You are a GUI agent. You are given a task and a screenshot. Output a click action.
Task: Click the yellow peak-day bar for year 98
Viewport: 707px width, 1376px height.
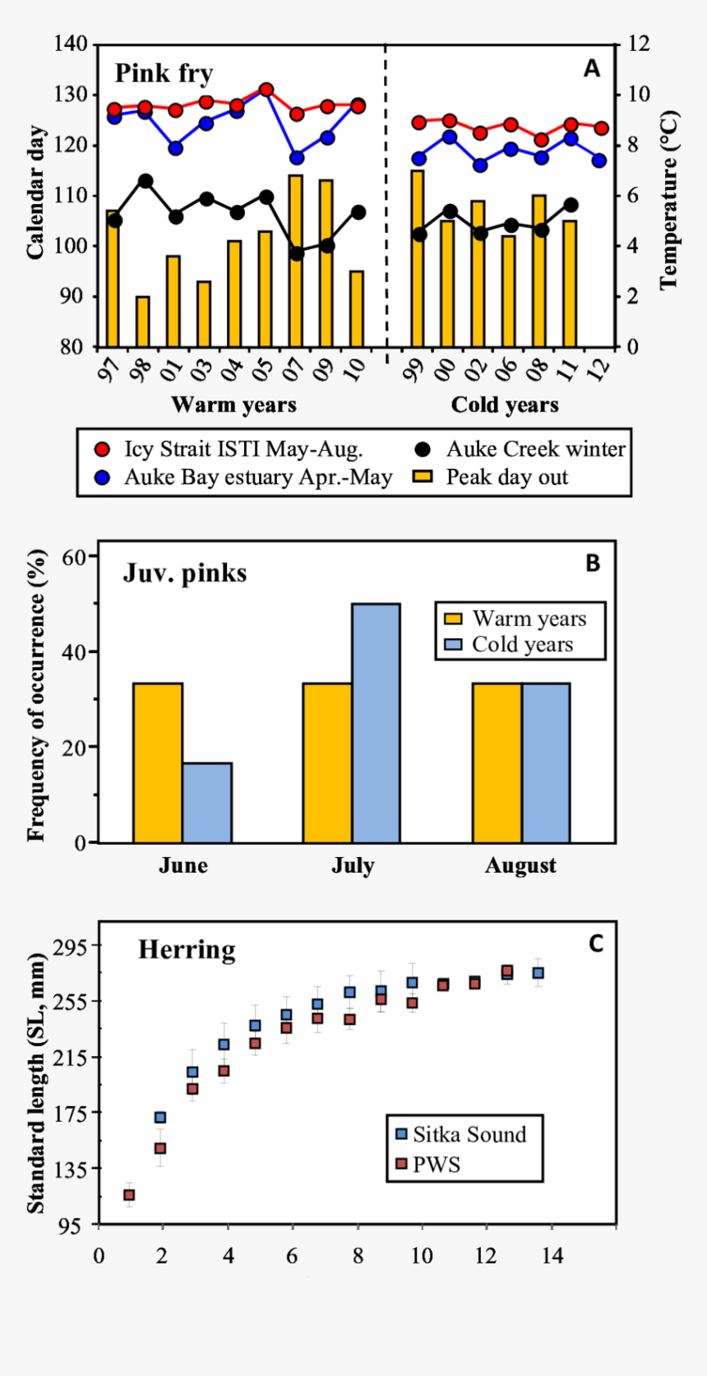(x=143, y=322)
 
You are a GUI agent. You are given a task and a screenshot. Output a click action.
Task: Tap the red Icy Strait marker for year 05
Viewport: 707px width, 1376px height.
(x=266, y=90)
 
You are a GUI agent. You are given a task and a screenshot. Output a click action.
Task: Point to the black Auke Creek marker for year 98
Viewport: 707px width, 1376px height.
(x=145, y=181)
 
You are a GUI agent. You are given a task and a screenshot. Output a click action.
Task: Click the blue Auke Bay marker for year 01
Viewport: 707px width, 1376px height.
(x=175, y=149)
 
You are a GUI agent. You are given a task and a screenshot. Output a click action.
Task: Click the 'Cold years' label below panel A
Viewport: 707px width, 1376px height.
(x=505, y=405)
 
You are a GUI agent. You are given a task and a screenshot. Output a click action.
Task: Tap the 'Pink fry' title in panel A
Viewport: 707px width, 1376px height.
(x=164, y=73)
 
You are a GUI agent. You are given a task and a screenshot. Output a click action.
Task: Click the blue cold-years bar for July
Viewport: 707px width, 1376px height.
(x=376, y=723)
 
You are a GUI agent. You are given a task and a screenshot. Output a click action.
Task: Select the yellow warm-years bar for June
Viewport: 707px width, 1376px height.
(x=158, y=762)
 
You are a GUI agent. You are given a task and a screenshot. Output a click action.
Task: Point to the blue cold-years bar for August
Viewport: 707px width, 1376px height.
(x=545, y=762)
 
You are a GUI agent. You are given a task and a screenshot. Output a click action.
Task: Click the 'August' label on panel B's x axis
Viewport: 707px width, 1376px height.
(x=520, y=865)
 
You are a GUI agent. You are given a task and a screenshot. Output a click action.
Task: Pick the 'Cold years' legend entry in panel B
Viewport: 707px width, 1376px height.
(x=521, y=644)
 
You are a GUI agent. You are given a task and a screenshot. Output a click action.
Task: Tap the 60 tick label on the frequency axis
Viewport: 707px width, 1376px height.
(x=74, y=557)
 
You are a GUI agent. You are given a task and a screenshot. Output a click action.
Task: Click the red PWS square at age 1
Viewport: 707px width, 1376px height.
(x=129, y=1195)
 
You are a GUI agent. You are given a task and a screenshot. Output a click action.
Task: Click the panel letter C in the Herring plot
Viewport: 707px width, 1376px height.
(x=596, y=943)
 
